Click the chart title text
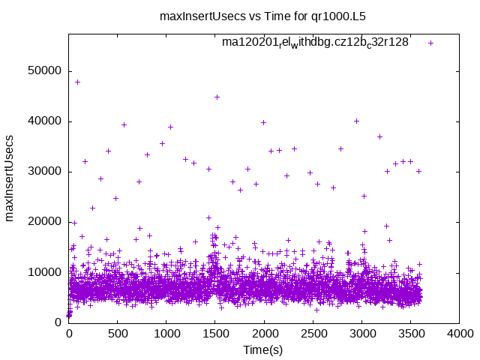tap(262, 15)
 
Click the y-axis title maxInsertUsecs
tap(10, 178)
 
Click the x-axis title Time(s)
tap(262, 349)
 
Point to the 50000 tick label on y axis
tap(44, 71)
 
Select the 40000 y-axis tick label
tap(44, 121)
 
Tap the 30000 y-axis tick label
tap(44, 172)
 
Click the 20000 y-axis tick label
tap(44, 222)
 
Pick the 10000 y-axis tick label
tap(44, 272)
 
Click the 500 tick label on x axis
tap(118, 333)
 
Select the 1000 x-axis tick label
tap(166, 333)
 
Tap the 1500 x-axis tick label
tap(216, 333)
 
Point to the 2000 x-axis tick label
tap(265, 333)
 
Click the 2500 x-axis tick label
tap(313, 333)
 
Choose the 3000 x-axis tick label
tap(362, 333)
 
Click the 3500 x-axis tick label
tap(412, 333)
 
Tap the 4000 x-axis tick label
tap(460, 333)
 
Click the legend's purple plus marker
tap(430, 43)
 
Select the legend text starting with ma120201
tap(315, 43)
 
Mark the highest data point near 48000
tap(77, 82)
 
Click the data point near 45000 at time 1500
tap(217, 97)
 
